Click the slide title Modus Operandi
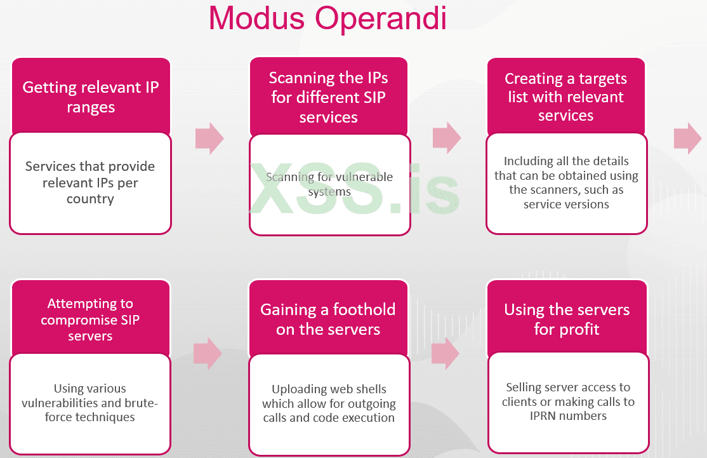tap(327, 19)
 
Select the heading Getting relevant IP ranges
tap(91, 97)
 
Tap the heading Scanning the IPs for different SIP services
tap(328, 97)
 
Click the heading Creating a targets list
tap(565, 97)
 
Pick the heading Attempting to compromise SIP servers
tap(90, 320)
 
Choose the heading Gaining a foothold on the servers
tap(328, 320)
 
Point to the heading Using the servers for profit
tap(567, 320)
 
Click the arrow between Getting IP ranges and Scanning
tap(209, 138)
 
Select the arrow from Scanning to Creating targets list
tap(447, 138)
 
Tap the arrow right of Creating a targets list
tap(687, 138)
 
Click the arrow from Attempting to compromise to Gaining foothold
tap(208, 353)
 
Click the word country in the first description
tap(90, 199)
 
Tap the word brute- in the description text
tap(143, 403)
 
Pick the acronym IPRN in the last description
tap(543, 416)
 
